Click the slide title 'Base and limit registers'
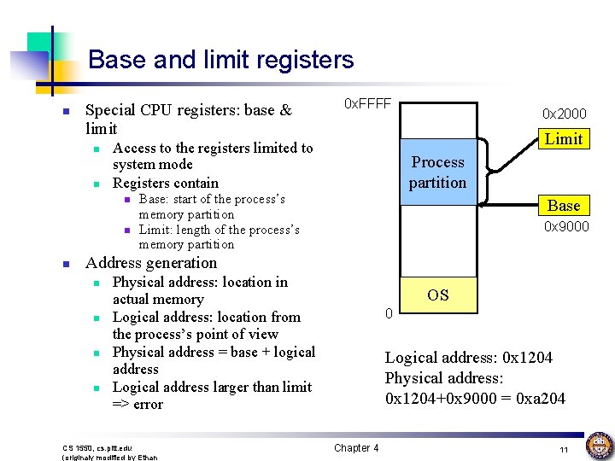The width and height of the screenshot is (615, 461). coord(220,60)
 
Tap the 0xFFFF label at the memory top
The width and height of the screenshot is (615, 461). coord(366,104)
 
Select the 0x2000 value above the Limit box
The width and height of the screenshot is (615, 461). coord(565,114)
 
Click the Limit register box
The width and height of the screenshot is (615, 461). coord(564,138)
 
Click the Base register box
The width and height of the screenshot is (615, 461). coord(564,205)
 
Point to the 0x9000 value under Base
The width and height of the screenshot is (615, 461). coord(566,227)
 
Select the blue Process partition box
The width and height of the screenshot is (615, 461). coord(437,172)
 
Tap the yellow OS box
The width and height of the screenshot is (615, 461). coord(438,295)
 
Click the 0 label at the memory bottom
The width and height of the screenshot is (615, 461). coord(389,314)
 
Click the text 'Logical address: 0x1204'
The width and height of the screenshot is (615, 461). coord(468,358)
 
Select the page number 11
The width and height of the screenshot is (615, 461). coord(564,449)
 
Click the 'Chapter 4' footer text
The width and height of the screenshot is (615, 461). coord(356,448)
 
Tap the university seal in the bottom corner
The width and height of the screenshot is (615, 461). coord(598,446)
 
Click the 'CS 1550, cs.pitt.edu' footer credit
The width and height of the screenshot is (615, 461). coord(97,447)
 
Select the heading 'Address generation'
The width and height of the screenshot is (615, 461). coord(151,263)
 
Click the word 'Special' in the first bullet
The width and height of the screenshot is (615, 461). coord(109,110)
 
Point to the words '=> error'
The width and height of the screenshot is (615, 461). coord(138,404)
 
